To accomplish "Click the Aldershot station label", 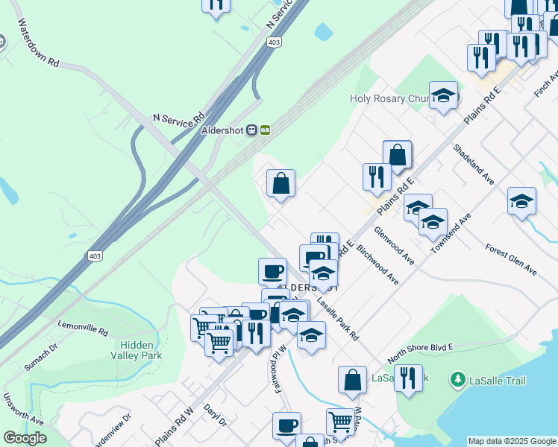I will (x=224, y=129).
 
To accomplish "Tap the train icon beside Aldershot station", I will (x=253, y=129).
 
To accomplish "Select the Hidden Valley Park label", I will (x=139, y=350).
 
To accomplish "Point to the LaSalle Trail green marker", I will (x=457, y=381).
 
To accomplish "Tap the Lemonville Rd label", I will (x=83, y=329).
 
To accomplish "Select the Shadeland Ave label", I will (x=474, y=164).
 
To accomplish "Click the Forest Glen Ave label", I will (x=511, y=259).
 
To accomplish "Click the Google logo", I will (x=25, y=437).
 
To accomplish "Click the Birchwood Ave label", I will (x=377, y=264).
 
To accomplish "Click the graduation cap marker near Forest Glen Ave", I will (x=521, y=201).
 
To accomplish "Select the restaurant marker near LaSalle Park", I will (x=407, y=378).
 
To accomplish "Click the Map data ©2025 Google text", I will (x=512, y=441).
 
